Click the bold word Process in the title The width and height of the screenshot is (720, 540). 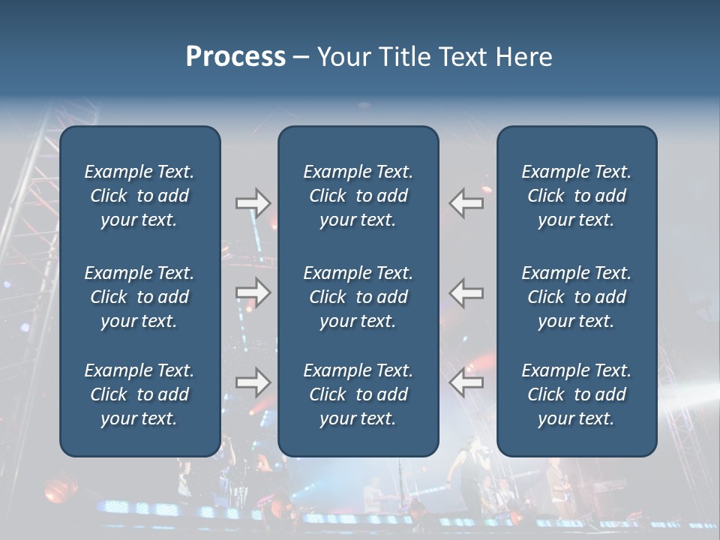coord(235,57)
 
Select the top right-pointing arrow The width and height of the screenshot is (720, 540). coord(253,202)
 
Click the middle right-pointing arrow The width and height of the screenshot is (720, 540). coord(253,292)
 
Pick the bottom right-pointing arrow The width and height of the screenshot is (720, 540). coord(253,383)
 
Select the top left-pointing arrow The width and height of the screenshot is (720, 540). coord(466,202)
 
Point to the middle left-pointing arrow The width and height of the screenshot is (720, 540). coord(466,292)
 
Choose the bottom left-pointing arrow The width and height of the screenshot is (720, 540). coord(466,383)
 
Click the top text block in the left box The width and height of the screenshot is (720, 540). coord(139,196)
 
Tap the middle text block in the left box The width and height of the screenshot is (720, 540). coord(139,297)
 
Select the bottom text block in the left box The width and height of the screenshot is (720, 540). coord(139,394)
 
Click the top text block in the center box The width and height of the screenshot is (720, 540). coord(358,196)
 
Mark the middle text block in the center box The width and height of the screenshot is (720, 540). coord(358,297)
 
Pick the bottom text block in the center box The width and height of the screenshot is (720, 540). coord(358,394)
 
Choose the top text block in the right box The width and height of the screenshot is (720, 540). coord(576,196)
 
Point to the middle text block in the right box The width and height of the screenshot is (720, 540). coord(576,297)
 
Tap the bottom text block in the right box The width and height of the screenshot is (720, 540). coord(576,394)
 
